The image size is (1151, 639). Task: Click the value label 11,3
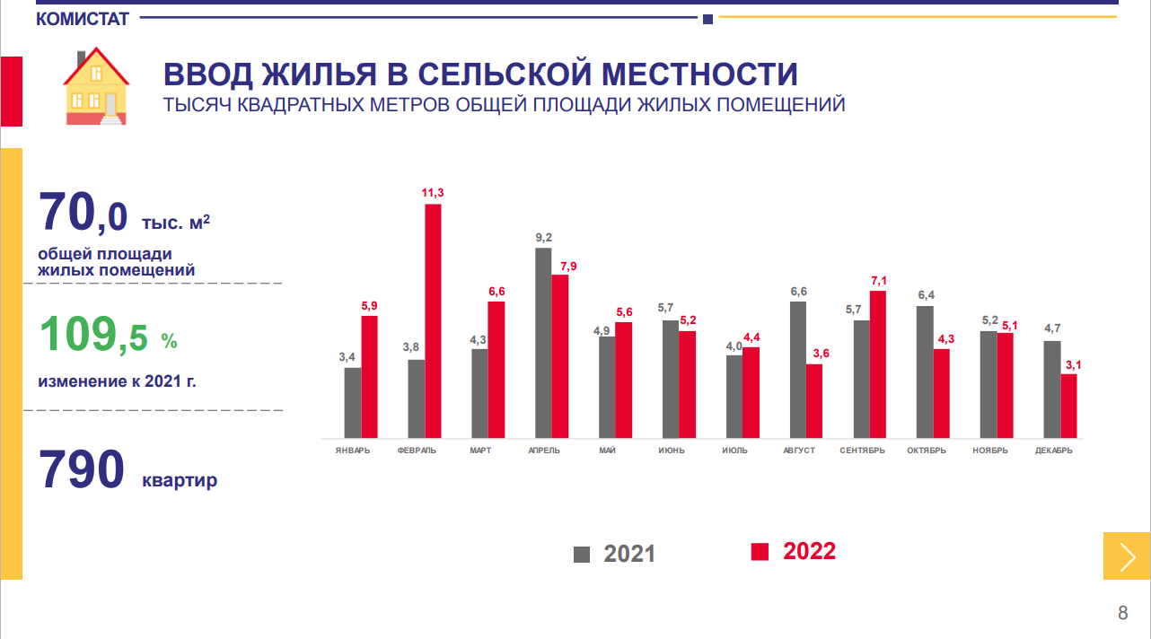coord(433,192)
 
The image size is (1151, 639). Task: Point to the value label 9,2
coord(543,237)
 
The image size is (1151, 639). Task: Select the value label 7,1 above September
coord(878,281)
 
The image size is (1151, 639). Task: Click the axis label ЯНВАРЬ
coord(352,451)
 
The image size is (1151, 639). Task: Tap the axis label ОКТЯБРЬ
coord(926,451)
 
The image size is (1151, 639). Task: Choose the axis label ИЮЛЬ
coord(734,451)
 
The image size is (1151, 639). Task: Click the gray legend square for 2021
coord(582,554)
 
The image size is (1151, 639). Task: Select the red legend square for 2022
coord(760,552)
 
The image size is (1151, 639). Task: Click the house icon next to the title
coord(95,87)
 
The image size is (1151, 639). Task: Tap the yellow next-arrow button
coord(1127,556)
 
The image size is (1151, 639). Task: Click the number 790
coord(81,469)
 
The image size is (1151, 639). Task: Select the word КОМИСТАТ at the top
coord(83,19)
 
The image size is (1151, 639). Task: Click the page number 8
coord(1122,614)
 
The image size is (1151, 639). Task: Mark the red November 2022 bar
coord(1006,385)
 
